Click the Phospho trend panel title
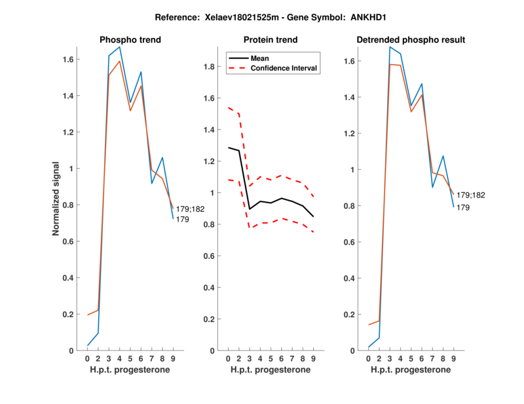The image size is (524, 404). point(130,40)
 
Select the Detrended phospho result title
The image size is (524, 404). point(411,40)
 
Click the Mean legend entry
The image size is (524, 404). point(260,58)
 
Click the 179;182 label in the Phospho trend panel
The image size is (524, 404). point(190,209)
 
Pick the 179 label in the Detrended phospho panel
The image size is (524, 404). point(463,207)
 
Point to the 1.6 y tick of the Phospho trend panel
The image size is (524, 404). point(69,59)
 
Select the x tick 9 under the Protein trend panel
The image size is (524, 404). point(313,358)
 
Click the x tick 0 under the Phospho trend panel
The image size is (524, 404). point(88,358)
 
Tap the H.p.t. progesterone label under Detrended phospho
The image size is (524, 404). point(410,369)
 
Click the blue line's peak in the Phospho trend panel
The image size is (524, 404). point(119,47)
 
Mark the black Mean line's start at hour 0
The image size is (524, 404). point(229,148)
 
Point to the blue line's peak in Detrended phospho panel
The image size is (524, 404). point(390,47)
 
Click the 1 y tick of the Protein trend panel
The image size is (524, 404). point(214,193)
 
